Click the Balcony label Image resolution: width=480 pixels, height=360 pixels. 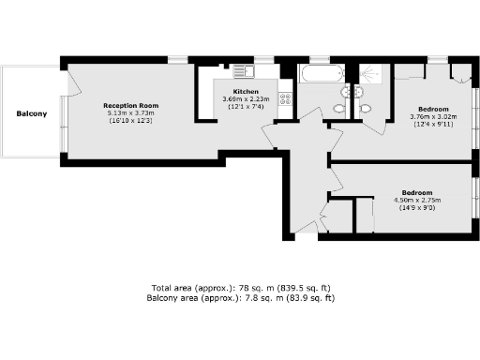pos(32,113)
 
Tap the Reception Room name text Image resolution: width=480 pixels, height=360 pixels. pos(128,106)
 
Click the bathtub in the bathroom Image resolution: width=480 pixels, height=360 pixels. pos(322,73)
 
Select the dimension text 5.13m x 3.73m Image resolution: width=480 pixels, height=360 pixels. pos(128,113)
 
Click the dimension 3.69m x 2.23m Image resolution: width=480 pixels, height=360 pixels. pos(246,99)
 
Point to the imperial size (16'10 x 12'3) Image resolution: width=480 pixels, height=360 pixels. pos(128,121)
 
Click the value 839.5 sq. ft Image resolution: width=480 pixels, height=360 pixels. pos(306,288)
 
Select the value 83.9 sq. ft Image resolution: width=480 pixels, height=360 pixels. pos(309,297)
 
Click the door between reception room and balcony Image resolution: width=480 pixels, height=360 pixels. pos(65,94)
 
